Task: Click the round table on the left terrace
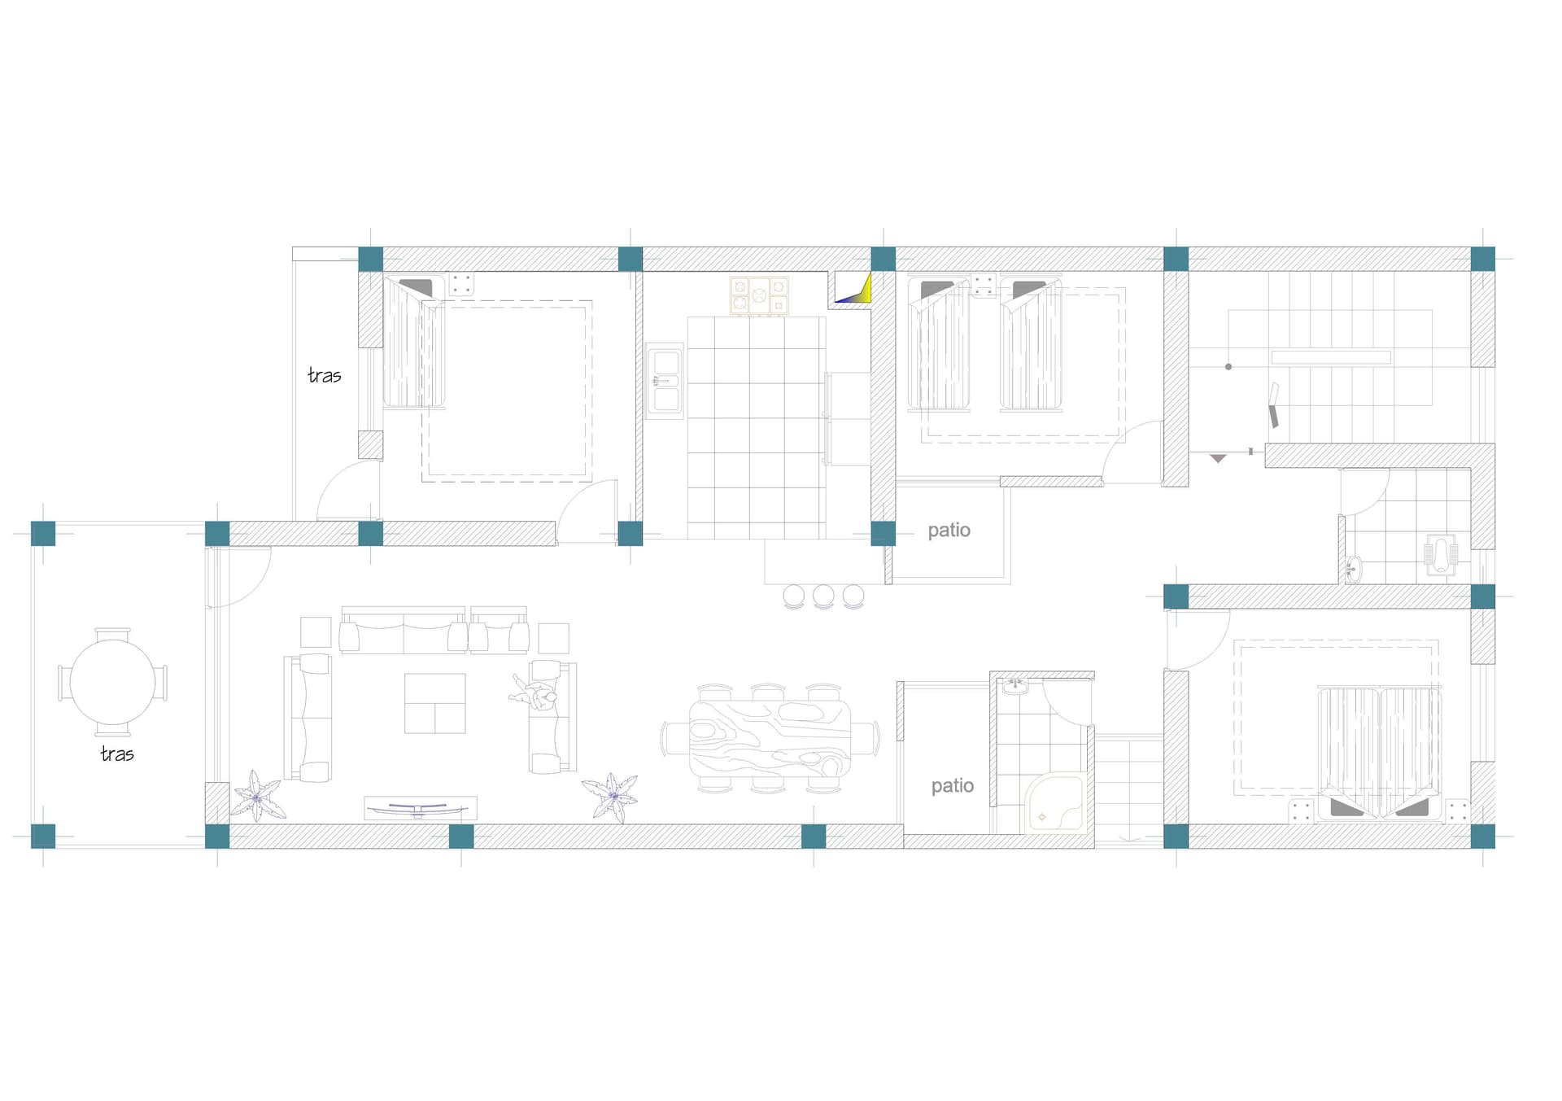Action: (x=112, y=682)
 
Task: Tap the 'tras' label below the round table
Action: (x=117, y=754)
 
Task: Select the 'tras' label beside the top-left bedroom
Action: (x=325, y=375)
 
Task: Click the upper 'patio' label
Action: (x=949, y=531)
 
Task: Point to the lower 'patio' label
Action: (x=953, y=786)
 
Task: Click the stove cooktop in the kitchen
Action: (x=759, y=296)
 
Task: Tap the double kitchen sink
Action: (x=665, y=381)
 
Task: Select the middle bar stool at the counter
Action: (x=823, y=596)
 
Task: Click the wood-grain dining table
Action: (x=770, y=739)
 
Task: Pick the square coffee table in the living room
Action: (x=435, y=703)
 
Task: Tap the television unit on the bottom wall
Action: (x=420, y=808)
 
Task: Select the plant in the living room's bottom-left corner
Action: (x=258, y=796)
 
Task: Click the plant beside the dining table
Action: (x=611, y=797)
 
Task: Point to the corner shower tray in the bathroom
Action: (x=1055, y=804)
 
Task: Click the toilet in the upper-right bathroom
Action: (x=1441, y=554)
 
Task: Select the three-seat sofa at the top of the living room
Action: (x=404, y=630)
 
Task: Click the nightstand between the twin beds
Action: (x=984, y=286)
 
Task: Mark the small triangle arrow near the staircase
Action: (x=1218, y=459)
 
